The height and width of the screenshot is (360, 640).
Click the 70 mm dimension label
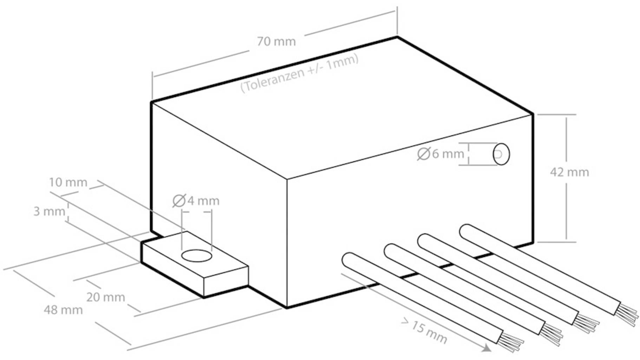click(x=276, y=41)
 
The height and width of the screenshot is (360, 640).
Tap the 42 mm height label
click(x=569, y=172)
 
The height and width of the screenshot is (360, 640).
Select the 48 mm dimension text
click(x=63, y=310)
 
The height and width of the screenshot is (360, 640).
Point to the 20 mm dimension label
click(x=106, y=297)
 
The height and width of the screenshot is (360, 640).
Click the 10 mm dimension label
click(x=68, y=182)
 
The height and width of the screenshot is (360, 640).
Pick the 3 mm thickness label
click(x=49, y=211)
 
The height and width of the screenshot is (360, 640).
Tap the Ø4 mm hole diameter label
click(x=196, y=201)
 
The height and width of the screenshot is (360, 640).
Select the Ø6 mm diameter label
click(x=440, y=153)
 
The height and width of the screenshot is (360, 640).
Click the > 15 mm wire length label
click(x=424, y=331)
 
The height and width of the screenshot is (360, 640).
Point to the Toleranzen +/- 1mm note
click(x=300, y=73)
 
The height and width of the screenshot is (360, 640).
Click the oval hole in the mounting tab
click(x=197, y=256)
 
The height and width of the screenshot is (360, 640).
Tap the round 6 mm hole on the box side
click(x=501, y=154)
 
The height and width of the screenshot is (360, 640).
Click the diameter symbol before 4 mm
click(x=179, y=201)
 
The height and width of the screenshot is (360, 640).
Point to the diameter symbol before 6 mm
click(x=424, y=154)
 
